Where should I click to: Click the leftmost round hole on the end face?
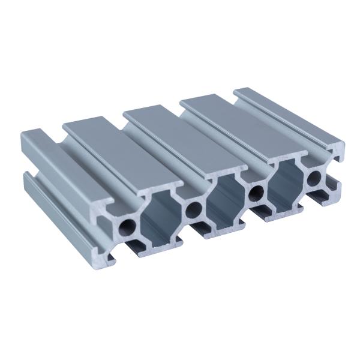(x=128, y=226)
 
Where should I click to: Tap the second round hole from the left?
(x=193, y=209)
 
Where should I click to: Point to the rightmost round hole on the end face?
(x=314, y=178)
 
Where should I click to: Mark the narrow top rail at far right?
(x=288, y=117)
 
